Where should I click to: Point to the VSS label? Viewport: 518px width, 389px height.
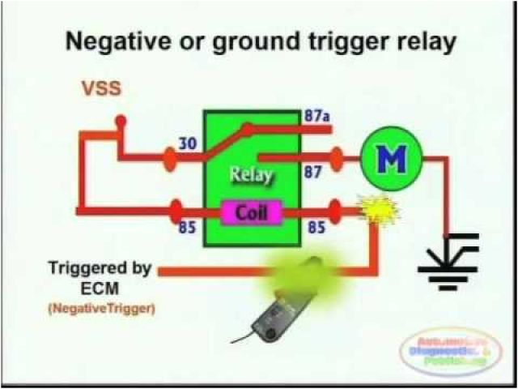click(101, 88)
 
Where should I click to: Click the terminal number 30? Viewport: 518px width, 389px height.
click(188, 143)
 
